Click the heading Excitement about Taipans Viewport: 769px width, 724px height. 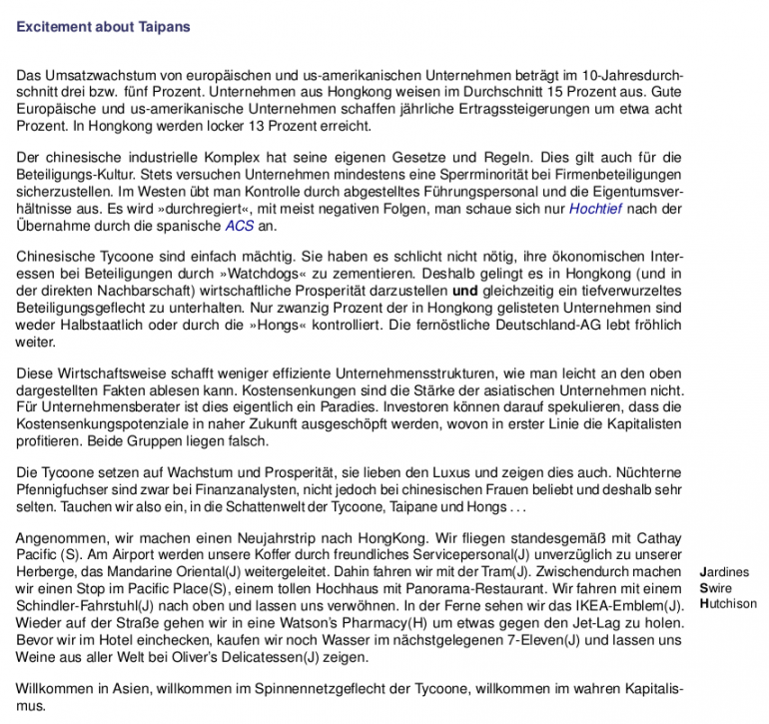(103, 27)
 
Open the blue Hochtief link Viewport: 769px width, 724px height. (595, 209)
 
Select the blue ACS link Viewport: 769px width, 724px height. (240, 226)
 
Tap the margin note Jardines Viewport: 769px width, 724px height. (725, 572)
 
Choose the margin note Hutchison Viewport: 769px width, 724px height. (729, 604)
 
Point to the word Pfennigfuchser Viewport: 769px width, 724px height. (63, 489)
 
